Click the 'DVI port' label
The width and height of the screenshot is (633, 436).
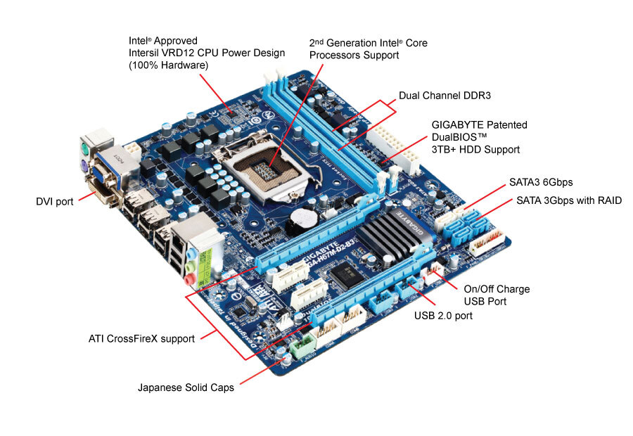[55, 202]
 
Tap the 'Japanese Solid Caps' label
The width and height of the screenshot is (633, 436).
[186, 387]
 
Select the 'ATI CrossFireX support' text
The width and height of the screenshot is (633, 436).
[141, 338]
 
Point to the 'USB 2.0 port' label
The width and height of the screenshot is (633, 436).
[443, 316]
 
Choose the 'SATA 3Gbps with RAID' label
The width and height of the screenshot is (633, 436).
[569, 200]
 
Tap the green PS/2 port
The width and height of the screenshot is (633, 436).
[84, 149]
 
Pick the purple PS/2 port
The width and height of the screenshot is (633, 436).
[84, 167]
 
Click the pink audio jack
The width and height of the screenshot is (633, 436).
[189, 279]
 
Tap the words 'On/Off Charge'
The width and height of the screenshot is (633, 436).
[497, 289]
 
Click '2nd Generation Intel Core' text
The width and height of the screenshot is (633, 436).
[368, 43]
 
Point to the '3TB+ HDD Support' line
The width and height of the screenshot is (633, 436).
[475, 149]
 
